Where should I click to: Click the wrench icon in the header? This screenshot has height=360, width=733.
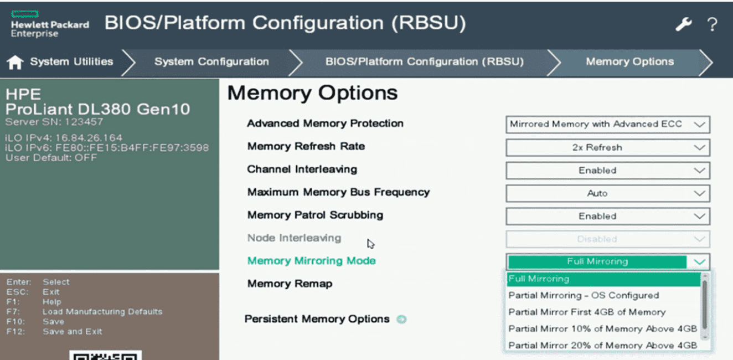[x=684, y=24]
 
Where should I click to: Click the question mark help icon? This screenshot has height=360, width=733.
[x=712, y=24]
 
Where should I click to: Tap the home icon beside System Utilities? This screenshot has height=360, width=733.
[x=15, y=63]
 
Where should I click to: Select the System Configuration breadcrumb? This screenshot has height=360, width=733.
[x=211, y=62]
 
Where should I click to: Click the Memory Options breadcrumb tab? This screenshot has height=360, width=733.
[x=629, y=62]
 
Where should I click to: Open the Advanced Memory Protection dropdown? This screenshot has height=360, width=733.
[x=607, y=124]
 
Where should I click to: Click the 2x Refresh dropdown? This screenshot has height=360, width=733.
[x=607, y=147]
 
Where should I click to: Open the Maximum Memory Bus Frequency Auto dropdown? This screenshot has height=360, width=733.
[x=607, y=193]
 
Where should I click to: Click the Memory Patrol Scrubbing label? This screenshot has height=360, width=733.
[x=315, y=215]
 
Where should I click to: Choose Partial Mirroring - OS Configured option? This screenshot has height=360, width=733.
[x=584, y=295]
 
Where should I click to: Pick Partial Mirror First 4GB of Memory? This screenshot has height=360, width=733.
[x=587, y=312]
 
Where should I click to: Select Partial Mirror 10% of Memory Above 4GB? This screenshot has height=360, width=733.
[x=602, y=328]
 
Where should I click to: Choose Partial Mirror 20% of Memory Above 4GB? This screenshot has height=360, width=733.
[x=602, y=345]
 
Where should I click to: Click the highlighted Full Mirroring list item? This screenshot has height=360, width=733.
[x=603, y=279]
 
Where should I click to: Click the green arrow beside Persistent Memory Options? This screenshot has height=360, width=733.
[x=401, y=319]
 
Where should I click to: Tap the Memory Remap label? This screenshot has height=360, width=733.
[x=290, y=284]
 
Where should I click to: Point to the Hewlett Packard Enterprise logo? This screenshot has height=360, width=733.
[x=49, y=24]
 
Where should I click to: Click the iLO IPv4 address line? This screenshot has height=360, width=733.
[x=64, y=138]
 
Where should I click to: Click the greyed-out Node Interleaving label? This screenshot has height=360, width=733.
[x=294, y=238]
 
